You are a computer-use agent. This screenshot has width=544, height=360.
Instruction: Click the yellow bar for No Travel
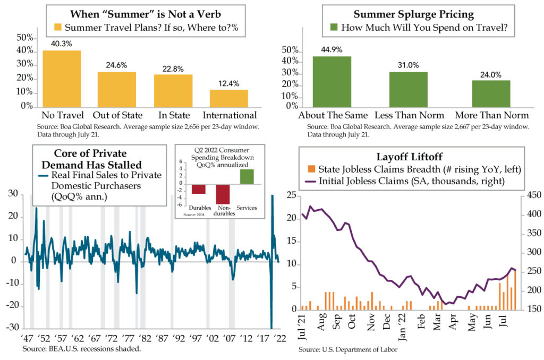pyautogui.click(x=62, y=79)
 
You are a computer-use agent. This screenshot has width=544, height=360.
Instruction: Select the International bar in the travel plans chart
pyautogui.click(x=228, y=99)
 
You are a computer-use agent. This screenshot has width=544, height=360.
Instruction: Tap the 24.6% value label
pyautogui.click(x=116, y=65)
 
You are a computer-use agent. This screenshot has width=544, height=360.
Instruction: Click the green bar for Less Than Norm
pyautogui.click(x=409, y=90)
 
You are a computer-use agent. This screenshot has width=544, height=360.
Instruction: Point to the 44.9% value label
pyautogui.click(x=331, y=49)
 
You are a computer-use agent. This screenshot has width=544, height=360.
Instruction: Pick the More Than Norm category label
pyautogui.click(x=491, y=115)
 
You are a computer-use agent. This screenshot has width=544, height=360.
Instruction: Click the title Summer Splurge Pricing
pyautogui.click(x=413, y=14)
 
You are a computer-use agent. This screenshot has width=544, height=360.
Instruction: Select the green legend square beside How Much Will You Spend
pyautogui.click(x=334, y=27)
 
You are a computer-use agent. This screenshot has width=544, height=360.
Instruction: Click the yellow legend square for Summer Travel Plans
pyautogui.click(x=57, y=27)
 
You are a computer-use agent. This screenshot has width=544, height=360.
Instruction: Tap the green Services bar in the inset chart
pyautogui.click(x=246, y=176)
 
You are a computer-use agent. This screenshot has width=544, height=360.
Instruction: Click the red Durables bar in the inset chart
pyautogui.click(x=199, y=189)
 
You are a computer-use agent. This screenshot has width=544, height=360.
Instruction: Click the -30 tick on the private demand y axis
pyautogui.click(x=13, y=327)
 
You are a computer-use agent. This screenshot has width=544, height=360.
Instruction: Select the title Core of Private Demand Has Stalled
pyautogui.click(x=91, y=159)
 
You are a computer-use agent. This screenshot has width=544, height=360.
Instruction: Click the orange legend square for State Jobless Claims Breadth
pyautogui.click(x=311, y=169)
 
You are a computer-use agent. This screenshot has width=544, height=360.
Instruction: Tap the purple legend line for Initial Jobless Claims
pyautogui.click(x=310, y=181)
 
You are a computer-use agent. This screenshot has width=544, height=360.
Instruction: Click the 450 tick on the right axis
pyautogui.click(x=533, y=195)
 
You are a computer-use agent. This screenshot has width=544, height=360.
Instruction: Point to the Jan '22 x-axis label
pyautogui.click(x=403, y=327)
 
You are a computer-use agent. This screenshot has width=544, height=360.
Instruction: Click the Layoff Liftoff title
pyautogui.click(x=410, y=157)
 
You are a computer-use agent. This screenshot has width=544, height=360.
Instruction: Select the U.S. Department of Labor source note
pyautogui.click(x=348, y=349)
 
